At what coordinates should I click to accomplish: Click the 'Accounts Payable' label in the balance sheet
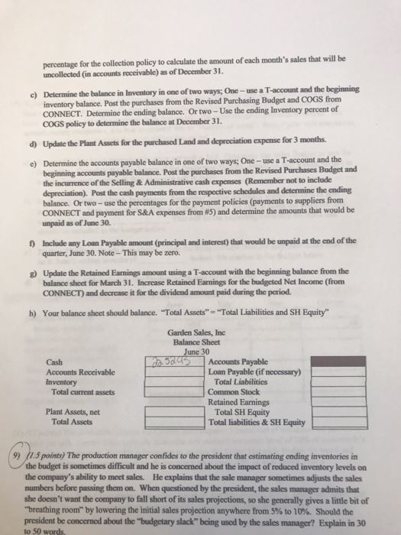[237, 361]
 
